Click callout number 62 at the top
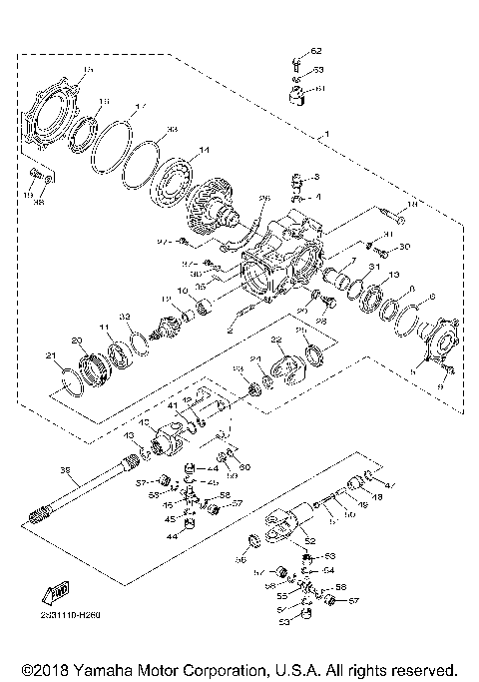[x=316, y=50]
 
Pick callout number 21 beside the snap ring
[x=50, y=355]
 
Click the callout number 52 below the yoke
[x=309, y=540]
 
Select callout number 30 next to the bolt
[x=404, y=247]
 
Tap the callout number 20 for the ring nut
[x=76, y=340]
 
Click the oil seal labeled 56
[x=254, y=542]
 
